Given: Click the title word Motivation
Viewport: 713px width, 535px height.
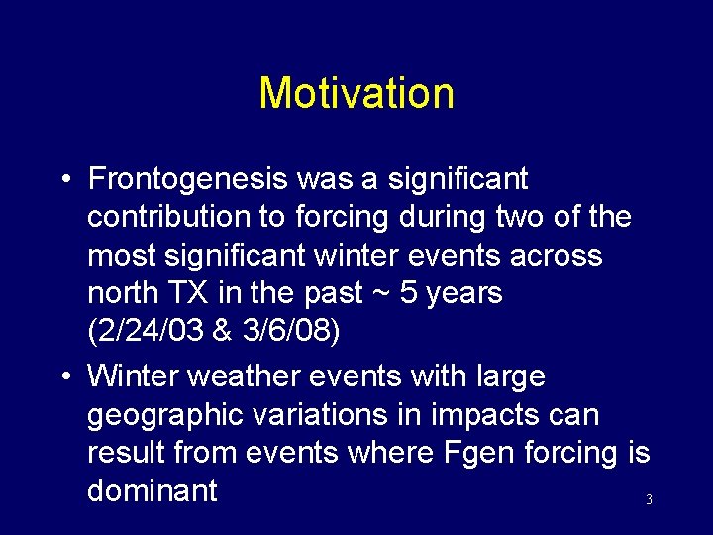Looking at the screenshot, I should [356, 94].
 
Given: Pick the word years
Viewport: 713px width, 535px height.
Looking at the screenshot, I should [460, 293].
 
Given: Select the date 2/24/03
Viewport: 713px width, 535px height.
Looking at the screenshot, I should [147, 331].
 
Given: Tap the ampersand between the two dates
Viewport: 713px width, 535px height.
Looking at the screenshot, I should [223, 331].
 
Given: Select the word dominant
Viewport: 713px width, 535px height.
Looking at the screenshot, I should [153, 490].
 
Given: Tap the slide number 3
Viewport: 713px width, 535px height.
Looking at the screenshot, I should [649, 500].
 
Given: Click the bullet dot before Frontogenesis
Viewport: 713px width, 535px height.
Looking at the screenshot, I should [64, 180].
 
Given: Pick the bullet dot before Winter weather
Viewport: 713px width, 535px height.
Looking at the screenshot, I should [64, 377].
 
